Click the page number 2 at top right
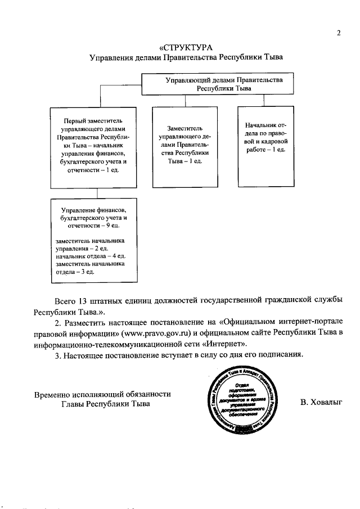click(x=339, y=32)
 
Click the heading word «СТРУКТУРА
click(x=185, y=47)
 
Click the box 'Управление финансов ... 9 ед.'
click(x=93, y=241)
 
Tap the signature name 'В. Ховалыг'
click(x=321, y=402)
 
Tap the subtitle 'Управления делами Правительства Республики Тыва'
click(x=185, y=57)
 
